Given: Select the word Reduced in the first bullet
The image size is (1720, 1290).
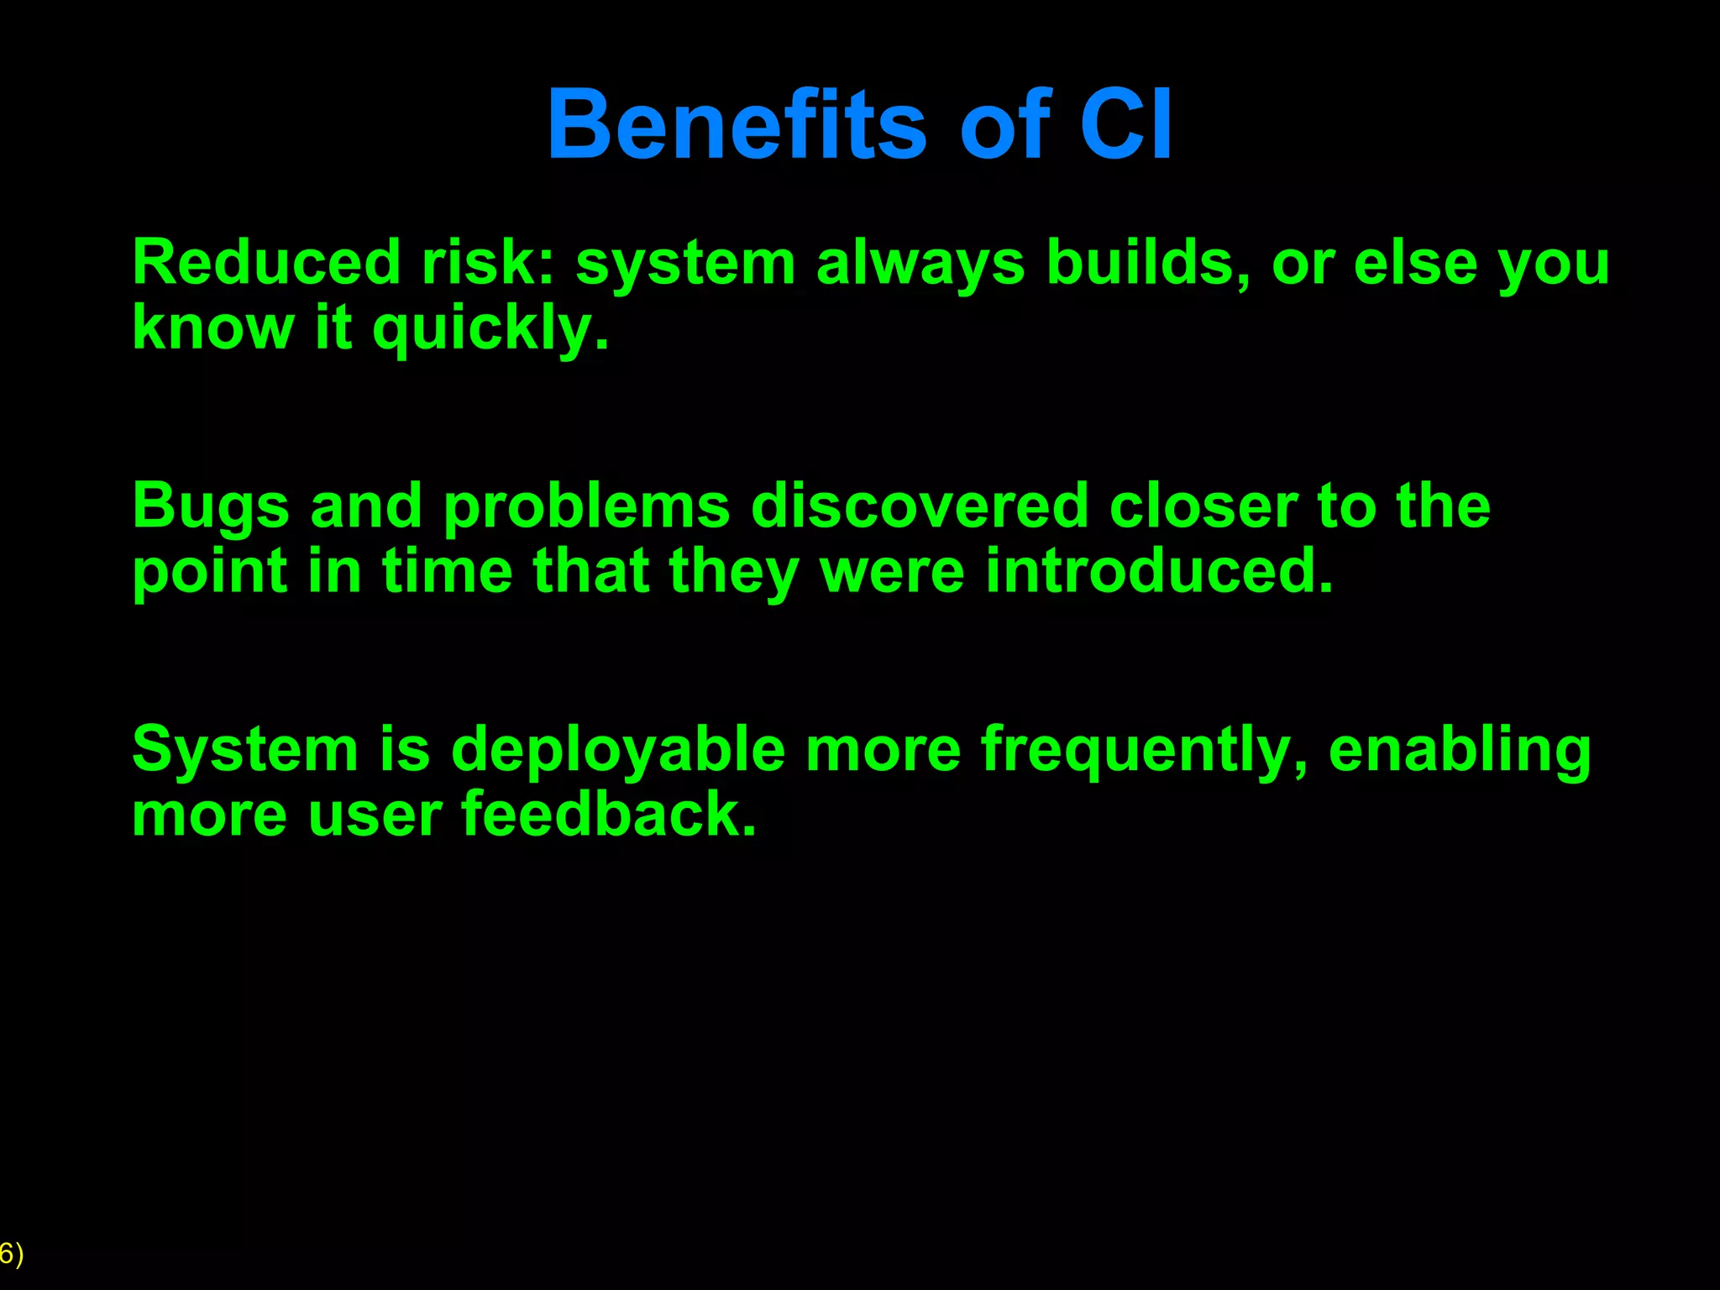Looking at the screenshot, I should [x=266, y=263].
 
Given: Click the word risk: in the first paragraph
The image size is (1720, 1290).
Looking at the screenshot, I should [x=488, y=263].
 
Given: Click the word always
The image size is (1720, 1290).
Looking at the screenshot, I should [x=920, y=263].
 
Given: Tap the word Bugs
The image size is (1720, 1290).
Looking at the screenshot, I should [x=211, y=508].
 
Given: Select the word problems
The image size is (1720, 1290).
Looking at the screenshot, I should [x=586, y=508].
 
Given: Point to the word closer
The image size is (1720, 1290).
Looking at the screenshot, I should [x=1203, y=506].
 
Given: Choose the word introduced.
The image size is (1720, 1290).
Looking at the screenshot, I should [x=1159, y=571].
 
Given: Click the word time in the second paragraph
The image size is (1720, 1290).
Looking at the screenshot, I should [x=447, y=571].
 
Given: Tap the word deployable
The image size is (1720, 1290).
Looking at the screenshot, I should [x=617, y=750].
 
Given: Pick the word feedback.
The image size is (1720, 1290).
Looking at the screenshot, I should [x=609, y=815].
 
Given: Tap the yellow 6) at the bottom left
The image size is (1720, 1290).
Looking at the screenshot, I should [x=11, y=1254].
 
